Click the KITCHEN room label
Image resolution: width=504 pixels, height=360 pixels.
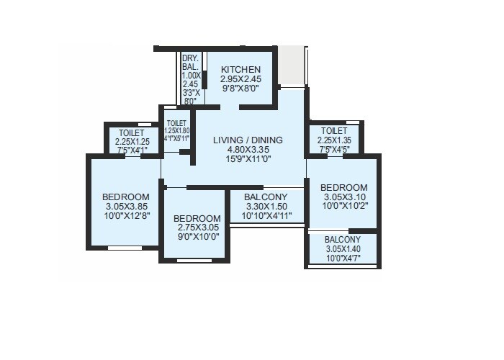240,69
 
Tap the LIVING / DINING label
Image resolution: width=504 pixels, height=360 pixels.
248,140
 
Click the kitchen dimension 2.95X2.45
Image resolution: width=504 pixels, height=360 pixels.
240,79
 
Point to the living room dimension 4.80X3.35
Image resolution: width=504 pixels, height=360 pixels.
248,150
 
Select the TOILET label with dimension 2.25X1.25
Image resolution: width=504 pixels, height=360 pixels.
132,132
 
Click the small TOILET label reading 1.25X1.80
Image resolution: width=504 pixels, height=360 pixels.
176,123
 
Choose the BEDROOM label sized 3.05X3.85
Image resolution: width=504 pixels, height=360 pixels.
126,197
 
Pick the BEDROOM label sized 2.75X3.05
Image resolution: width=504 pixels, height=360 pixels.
197,218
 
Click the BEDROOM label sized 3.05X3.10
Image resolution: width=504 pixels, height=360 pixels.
344,186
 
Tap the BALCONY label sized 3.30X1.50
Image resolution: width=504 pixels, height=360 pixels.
266,197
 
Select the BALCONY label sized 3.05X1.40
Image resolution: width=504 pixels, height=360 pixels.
343,239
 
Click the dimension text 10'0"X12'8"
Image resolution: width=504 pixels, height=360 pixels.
126,215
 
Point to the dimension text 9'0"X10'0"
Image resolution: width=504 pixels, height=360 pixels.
197,236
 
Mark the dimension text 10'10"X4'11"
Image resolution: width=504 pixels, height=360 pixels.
266,215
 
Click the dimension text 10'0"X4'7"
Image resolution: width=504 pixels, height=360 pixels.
343,258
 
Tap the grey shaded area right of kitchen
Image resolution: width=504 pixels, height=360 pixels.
292,66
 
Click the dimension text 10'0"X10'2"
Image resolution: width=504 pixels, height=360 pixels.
344,204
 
